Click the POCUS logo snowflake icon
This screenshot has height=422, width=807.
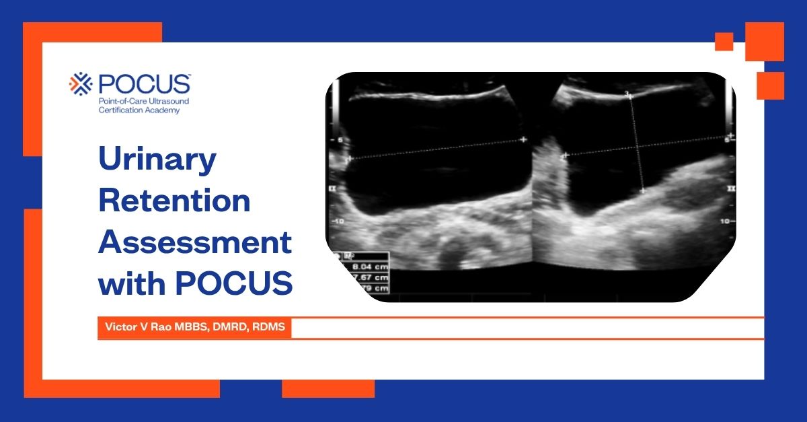click(x=81, y=83)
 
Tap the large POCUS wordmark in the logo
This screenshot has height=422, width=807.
click(x=144, y=83)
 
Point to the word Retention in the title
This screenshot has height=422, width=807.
click(x=174, y=202)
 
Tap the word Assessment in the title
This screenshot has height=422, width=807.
click(x=195, y=242)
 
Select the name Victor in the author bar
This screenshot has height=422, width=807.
click(x=118, y=327)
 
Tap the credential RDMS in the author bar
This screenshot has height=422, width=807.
click(x=268, y=327)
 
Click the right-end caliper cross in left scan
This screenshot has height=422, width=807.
click(x=523, y=139)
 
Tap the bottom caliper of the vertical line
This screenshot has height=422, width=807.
click(x=643, y=191)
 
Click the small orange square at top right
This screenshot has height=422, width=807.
click(x=724, y=42)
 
